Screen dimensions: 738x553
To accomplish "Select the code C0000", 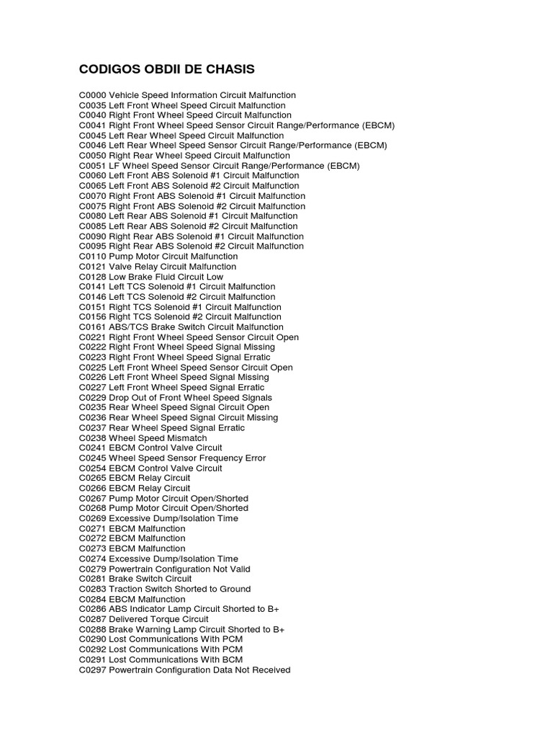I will pos(93,95).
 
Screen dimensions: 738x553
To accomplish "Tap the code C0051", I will pos(93,166).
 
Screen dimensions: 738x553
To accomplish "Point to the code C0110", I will pos(93,257).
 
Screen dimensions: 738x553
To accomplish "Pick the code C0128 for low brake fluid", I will pos(93,277).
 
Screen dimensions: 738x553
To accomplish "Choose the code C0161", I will pos(93,327).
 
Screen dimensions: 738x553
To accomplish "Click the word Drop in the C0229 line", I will pos(119,398).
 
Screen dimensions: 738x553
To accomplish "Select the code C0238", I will pos(93,438).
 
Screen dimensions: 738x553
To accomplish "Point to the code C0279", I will pos(93,569).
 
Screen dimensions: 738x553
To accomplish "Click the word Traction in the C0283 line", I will pos(126,590).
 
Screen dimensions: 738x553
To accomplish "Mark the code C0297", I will pos(93,670).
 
